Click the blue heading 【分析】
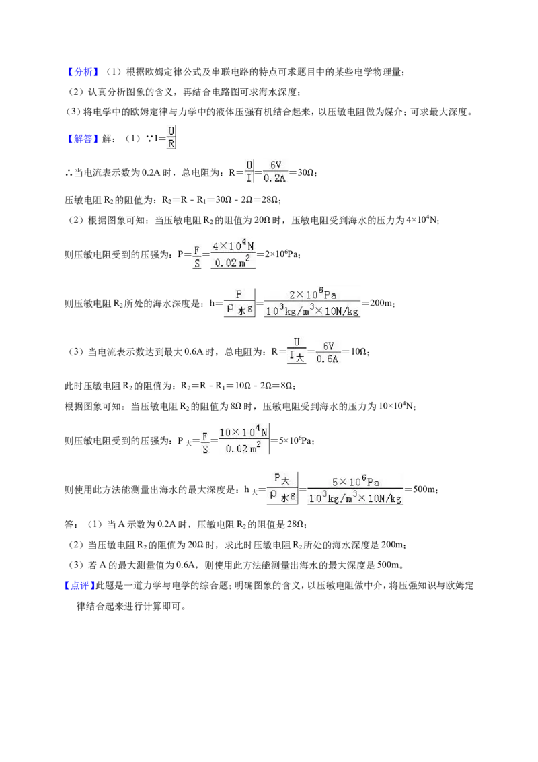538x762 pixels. tap(83, 72)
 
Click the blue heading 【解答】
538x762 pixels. tap(83, 139)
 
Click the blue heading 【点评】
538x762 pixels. tap(79, 586)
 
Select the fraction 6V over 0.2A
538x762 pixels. tap(275, 172)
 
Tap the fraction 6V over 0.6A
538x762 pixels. tap(328, 352)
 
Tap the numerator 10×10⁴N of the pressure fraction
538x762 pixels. tap(243, 431)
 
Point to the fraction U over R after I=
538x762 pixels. tap(171, 137)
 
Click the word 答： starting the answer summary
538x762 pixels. tap(71, 525)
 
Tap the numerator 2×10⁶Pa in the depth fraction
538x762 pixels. tap(313, 294)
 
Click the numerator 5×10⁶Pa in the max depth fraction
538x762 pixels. tap(356, 481)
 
